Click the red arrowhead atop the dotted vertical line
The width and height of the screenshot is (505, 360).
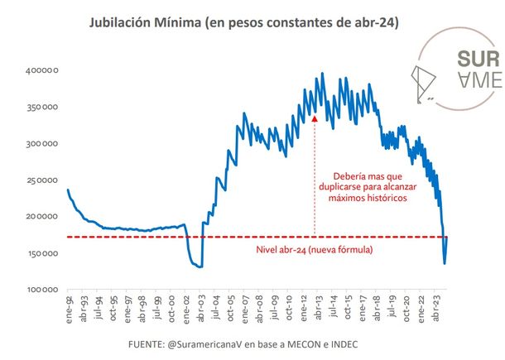[315, 118]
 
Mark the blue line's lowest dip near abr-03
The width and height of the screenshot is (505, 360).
[200, 266]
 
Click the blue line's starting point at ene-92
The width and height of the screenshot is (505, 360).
[67, 190]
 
